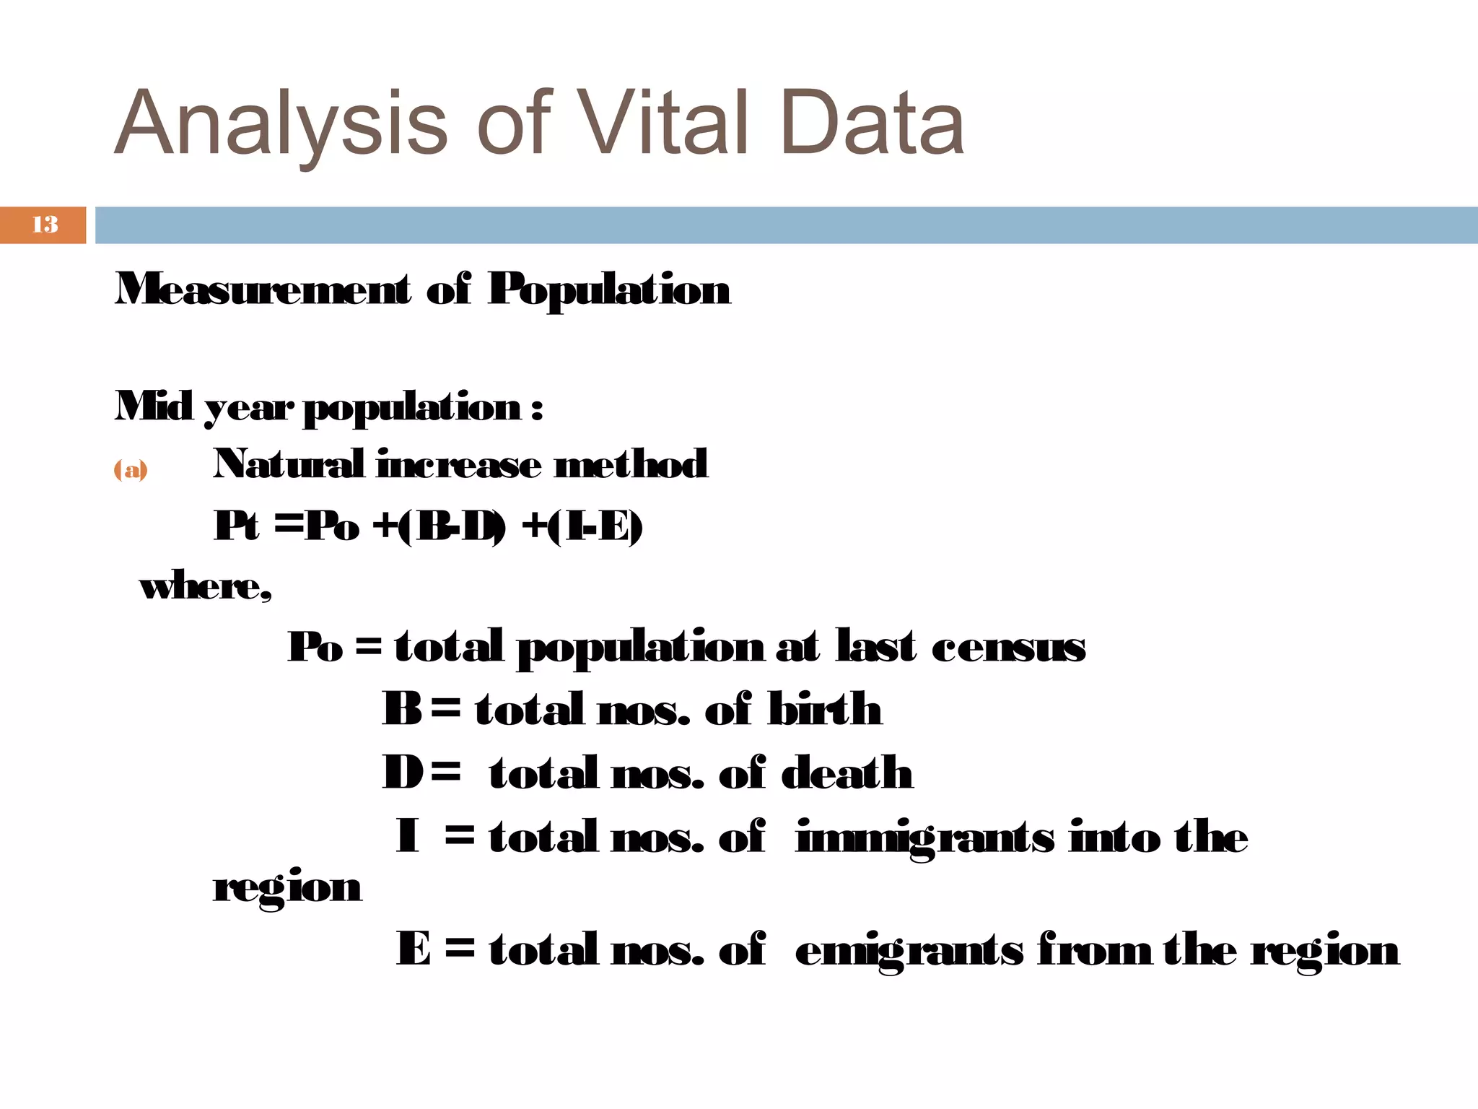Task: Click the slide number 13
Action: [45, 225]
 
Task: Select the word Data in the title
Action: [872, 123]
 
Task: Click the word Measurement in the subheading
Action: [263, 290]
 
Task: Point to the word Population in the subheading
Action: [609, 291]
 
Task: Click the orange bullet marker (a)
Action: [131, 470]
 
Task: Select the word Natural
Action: [288, 464]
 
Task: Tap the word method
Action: [631, 464]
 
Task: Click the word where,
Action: [206, 586]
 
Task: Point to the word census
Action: [1008, 646]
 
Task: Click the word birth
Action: [824, 709]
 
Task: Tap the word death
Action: [847, 773]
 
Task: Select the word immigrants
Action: [924, 838]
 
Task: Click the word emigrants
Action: [909, 949]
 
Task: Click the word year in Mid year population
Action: [249, 408]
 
